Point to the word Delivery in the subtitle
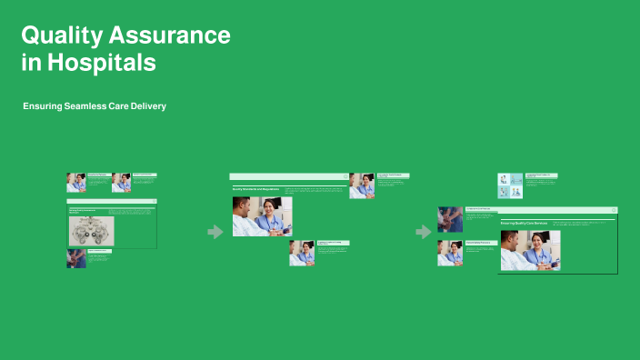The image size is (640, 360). coord(146,106)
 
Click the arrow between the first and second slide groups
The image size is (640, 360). coord(215,232)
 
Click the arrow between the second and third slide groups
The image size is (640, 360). coord(424,232)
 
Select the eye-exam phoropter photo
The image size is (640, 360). coord(91,231)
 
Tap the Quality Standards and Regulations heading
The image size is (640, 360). coord(256,189)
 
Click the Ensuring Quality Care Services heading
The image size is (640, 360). coord(524,223)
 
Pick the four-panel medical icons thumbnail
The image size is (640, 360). coord(510,185)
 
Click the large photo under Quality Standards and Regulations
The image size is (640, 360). coord(262,216)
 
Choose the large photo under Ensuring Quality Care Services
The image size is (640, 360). coord(530,250)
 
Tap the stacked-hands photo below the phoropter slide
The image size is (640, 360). coord(76,258)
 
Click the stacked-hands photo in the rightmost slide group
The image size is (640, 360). coord(450,219)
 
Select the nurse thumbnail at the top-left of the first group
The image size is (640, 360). coord(76,182)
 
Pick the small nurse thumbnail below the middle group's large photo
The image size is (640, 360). coord(302,253)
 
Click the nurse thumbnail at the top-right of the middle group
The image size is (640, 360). coord(362,185)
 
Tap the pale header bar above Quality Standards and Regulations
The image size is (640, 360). coord(288,176)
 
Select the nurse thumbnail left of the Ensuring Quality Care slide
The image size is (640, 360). coord(450,253)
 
